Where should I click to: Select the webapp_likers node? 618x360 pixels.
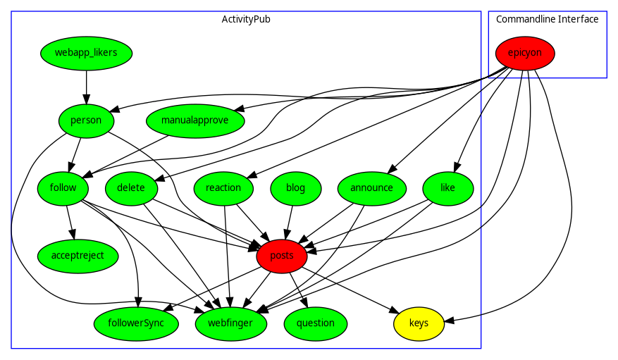pos(86,53)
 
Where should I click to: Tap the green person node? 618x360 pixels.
pos(86,120)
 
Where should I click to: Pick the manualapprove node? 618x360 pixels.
pos(194,120)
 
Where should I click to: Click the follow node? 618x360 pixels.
pos(63,188)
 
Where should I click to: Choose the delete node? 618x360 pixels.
pos(131,188)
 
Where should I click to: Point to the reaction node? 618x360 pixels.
pos(223,188)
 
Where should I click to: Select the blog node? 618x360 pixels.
pos(296,188)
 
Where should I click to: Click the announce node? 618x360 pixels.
pos(371,188)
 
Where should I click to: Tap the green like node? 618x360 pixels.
pos(447,188)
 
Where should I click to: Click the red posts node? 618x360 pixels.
pos(282,256)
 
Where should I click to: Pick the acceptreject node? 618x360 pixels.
pos(78,256)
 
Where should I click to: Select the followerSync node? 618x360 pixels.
pos(139,323)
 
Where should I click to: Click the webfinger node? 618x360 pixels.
pos(231,323)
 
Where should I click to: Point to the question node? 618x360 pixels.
pos(316,323)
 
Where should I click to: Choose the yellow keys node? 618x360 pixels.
pos(419,323)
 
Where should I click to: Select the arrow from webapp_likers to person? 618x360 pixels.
pos(86,87)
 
